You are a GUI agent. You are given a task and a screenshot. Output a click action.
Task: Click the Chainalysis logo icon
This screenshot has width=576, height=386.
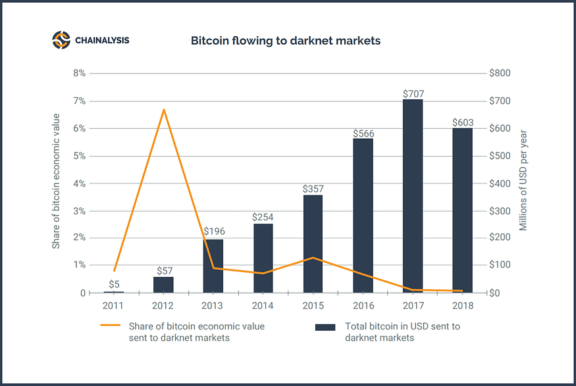61,40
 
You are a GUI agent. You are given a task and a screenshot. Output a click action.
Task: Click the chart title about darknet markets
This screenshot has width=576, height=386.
286,41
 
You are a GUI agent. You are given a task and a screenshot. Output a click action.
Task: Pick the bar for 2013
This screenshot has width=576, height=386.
213,266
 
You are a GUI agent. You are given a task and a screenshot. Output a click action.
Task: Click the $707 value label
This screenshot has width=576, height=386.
413,94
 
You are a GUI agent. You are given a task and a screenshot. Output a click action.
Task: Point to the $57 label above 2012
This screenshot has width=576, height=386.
163,271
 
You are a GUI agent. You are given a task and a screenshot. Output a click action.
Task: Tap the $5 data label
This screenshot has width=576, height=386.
114,284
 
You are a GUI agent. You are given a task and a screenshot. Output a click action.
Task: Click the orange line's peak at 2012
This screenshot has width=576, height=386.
164,109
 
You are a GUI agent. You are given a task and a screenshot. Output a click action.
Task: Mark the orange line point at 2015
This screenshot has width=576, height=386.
313,258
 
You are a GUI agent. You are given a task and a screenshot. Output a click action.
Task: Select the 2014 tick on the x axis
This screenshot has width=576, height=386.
263,306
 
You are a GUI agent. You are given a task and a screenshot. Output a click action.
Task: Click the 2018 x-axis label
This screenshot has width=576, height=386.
463,306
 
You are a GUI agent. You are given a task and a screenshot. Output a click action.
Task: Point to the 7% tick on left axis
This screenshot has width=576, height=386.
79,101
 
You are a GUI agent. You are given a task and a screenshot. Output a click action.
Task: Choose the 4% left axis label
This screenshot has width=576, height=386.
79,183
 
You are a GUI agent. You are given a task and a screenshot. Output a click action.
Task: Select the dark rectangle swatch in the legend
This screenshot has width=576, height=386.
325,326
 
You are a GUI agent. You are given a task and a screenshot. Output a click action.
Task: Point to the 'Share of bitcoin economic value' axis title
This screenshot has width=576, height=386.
56,181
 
